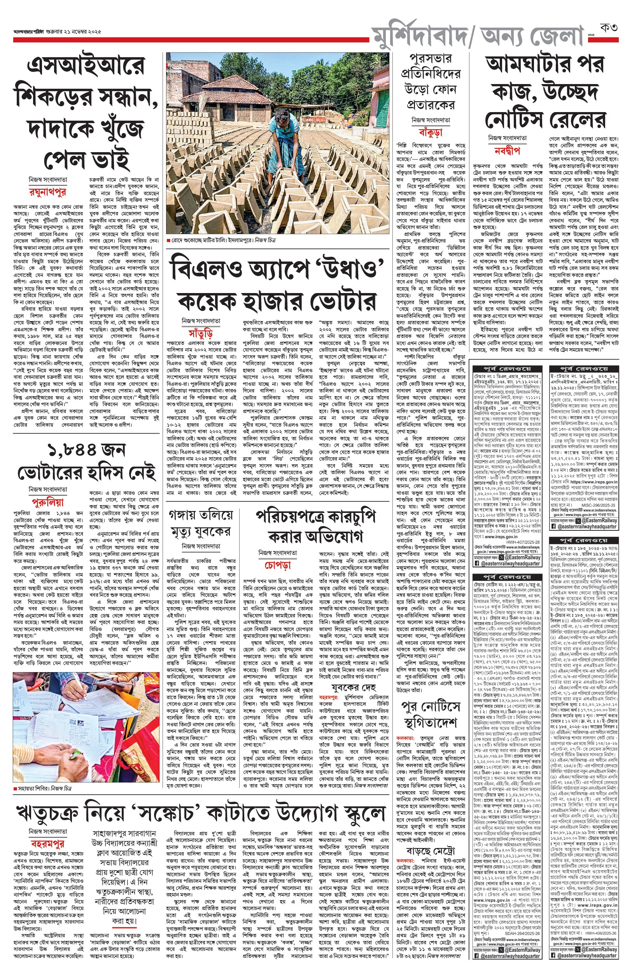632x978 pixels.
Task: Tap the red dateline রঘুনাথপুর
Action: point(47,192)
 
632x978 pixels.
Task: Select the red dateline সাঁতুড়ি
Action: point(200,333)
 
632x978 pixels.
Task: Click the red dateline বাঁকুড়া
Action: point(431,132)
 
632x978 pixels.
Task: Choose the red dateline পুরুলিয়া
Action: point(47,502)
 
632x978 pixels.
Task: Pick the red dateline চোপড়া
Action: point(278,565)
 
